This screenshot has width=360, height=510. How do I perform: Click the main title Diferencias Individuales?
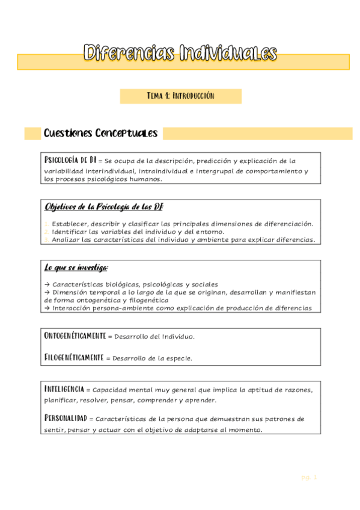180,54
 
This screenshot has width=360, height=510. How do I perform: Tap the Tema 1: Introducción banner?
180,96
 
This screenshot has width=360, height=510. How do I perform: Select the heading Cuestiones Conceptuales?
100,134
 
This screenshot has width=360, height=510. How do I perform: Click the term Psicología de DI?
70,161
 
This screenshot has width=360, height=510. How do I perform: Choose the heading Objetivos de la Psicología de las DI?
103,207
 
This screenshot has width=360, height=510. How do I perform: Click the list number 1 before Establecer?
46,224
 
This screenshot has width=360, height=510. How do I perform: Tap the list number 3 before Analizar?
46,239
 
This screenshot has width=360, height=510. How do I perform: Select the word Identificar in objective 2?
71,232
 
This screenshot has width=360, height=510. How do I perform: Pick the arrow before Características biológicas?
47,284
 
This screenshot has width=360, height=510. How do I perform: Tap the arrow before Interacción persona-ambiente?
47,308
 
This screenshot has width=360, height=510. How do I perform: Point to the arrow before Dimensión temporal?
47,292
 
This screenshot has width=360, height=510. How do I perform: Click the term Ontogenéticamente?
75,336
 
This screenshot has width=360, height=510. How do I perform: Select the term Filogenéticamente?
74,357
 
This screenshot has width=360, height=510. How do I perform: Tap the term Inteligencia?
64,389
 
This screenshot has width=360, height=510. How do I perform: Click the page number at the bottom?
308,478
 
